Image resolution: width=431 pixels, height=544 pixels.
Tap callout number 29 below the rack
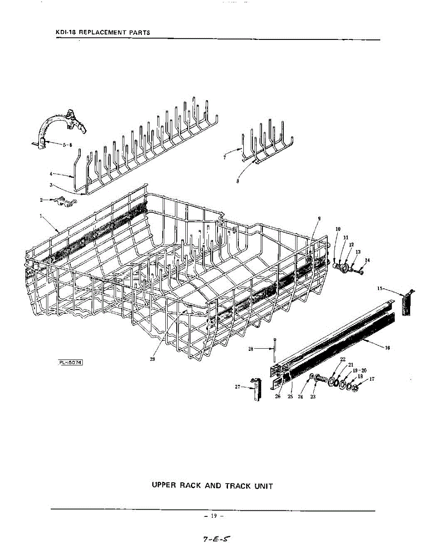152,360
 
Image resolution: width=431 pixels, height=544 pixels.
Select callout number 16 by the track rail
387,348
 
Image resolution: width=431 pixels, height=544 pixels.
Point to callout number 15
380,288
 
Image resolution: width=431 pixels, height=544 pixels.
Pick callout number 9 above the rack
319,219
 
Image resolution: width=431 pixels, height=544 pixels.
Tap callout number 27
237,387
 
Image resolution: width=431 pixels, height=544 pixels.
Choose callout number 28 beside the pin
251,349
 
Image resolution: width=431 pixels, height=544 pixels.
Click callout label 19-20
359,370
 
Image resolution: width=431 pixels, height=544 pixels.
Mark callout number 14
367,260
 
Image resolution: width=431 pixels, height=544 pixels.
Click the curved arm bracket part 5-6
61,125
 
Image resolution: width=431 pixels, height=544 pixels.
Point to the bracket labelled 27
257,389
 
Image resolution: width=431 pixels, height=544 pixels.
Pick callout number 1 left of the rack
42,216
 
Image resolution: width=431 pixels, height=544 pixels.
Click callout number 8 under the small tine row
237,180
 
